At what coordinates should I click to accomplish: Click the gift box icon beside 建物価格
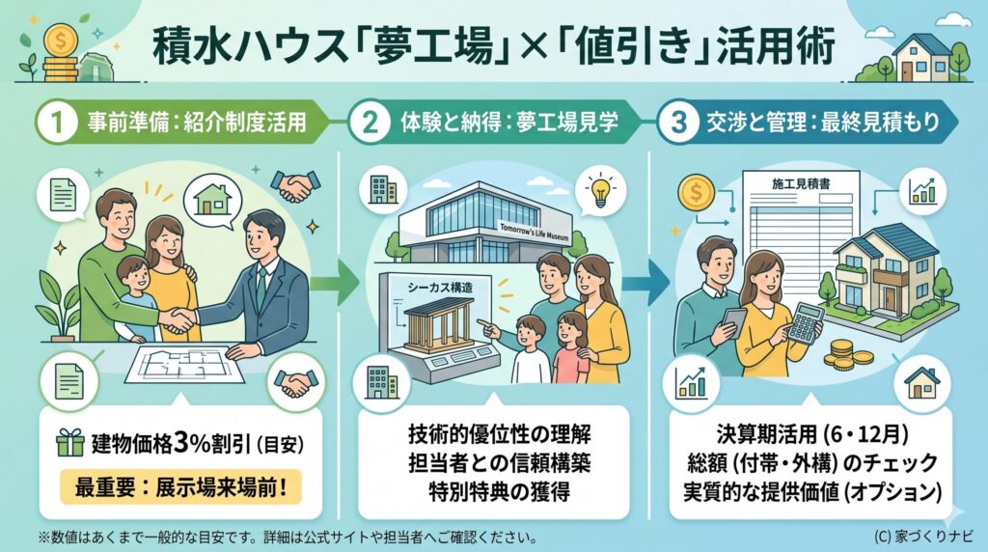(69, 444)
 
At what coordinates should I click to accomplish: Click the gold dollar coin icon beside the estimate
(695, 193)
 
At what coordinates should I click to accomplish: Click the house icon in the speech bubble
(214, 198)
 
